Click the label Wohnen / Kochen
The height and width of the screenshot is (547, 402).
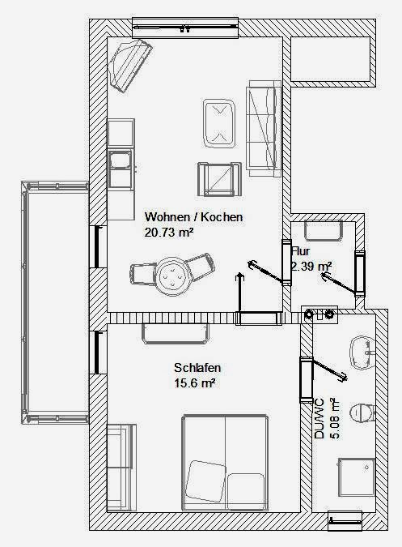tap(193, 217)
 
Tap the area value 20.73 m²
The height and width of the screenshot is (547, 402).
tap(169, 233)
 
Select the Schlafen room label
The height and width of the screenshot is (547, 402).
tap(197, 368)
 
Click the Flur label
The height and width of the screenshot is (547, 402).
tap(301, 251)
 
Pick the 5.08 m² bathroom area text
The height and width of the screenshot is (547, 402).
tap(334, 418)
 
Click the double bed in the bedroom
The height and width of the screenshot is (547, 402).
tap(225, 463)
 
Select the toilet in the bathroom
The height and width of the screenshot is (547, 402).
tap(362, 413)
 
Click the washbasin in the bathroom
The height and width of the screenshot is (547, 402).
tap(362, 353)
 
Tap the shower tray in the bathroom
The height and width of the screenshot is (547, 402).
tap(357, 476)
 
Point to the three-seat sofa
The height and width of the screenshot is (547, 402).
tap(264, 128)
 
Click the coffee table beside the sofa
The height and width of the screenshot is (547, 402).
tap(218, 123)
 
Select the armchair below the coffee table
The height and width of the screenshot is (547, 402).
tap(220, 179)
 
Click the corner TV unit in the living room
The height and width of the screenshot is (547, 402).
tap(129, 65)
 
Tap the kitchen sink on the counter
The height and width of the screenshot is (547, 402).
tap(121, 170)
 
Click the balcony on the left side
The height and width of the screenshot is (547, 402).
tap(55, 303)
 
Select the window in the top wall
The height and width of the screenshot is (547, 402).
tap(185, 28)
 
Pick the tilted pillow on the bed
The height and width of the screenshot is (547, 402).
tap(205, 481)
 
